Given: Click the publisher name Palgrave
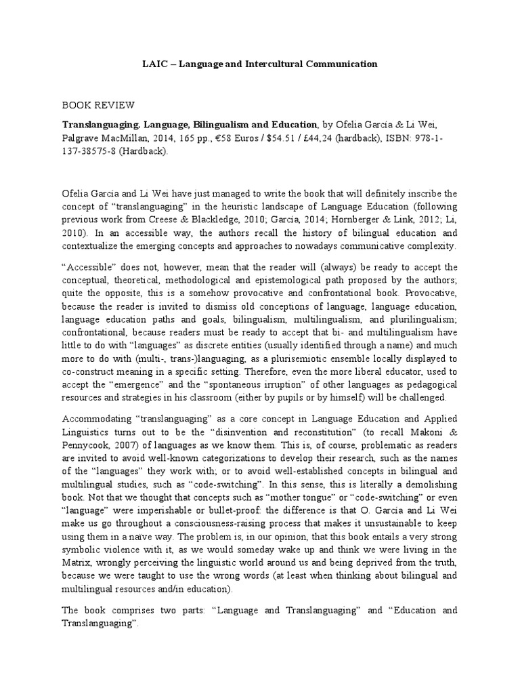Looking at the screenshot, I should point(82,139).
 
